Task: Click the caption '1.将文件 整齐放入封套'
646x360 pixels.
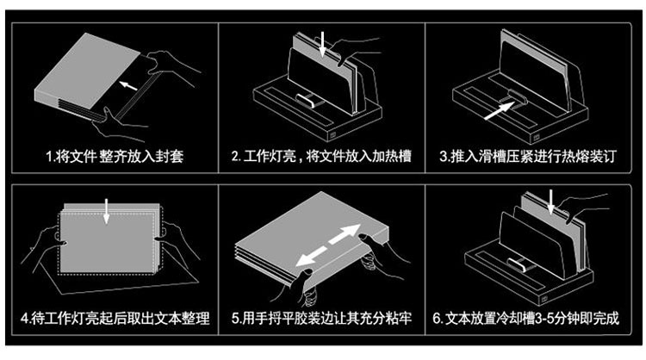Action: (x=115, y=157)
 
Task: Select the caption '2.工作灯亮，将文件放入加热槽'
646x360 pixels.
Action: (x=320, y=157)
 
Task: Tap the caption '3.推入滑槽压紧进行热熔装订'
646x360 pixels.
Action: (x=527, y=157)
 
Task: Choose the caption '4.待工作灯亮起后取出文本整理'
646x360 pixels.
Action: (x=115, y=320)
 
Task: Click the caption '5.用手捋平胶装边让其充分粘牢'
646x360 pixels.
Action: (x=320, y=320)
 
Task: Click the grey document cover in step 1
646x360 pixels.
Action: (x=86, y=73)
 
